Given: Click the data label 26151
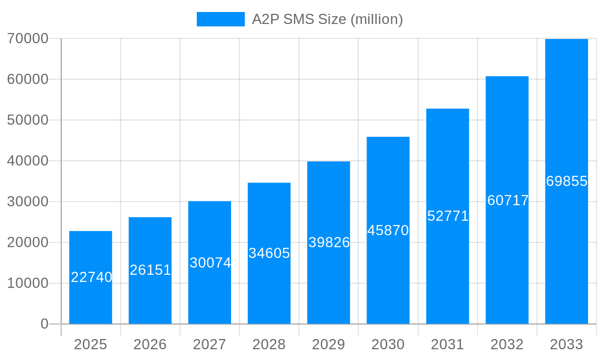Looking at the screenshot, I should [x=150, y=270].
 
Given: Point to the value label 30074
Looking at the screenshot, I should [x=210, y=263].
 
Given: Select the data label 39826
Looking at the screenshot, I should [x=329, y=242].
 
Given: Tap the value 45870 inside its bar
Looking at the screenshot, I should [x=388, y=230].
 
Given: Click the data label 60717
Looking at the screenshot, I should [x=508, y=200].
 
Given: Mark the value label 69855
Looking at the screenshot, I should [x=566, y=181].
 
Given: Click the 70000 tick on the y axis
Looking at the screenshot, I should [x=28, y=38].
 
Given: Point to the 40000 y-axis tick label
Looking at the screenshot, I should [x=28, y=161].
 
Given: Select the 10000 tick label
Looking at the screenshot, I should [x=28, y=283].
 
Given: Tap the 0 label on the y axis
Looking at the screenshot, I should [x=44, y=324].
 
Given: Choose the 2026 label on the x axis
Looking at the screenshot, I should [x=150, y=344].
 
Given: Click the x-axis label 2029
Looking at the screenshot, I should [x=329, y=344].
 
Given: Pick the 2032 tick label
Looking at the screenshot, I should [x=507, y=344].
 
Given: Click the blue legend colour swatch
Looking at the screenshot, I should [x=220, y=19].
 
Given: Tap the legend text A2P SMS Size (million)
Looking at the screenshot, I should [x=327, y=19].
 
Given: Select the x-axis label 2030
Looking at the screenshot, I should [x=388, y=344].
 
